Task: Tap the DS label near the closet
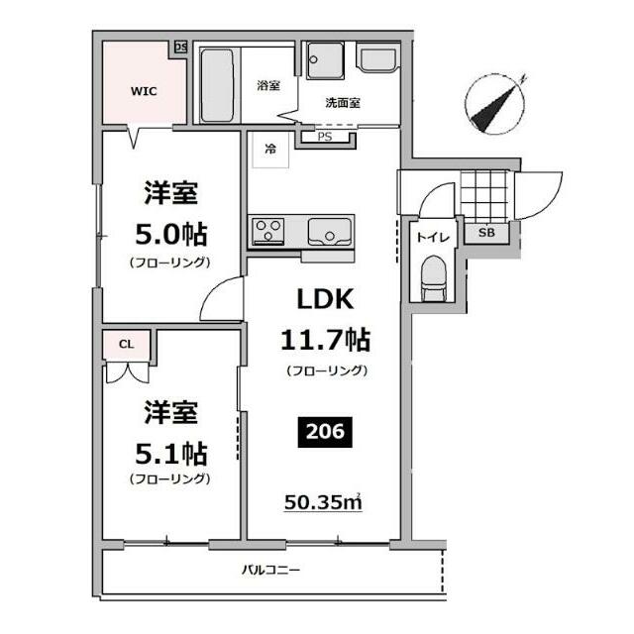[180, 47]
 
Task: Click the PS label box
[325, 137]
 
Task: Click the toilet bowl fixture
[432, 277]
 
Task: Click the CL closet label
[126, 344]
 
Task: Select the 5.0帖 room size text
[169, 235]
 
